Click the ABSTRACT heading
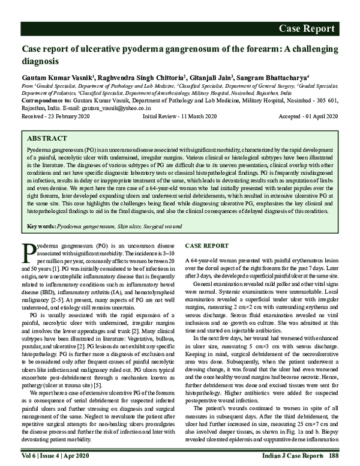click(x=48, y=137)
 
